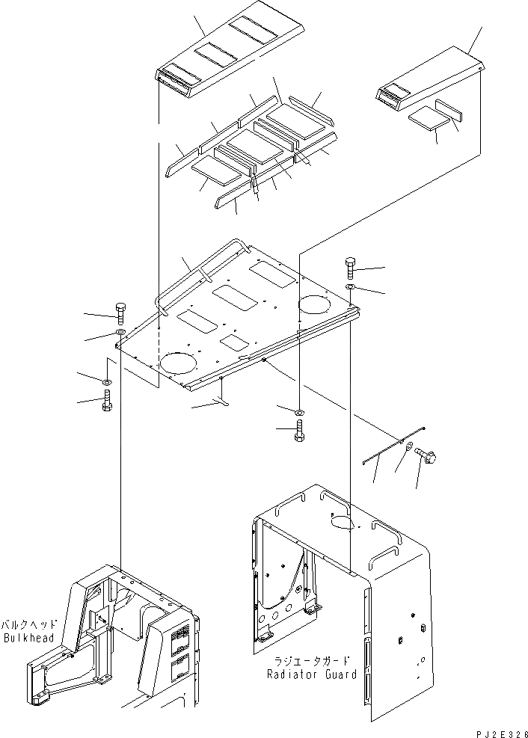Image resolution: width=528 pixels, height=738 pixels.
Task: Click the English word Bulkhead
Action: click(x=28, y=638)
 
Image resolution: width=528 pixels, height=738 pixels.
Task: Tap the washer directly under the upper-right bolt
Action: click(x=352, y=288)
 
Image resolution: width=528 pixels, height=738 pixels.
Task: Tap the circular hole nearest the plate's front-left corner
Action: click(x=179, y=363)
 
